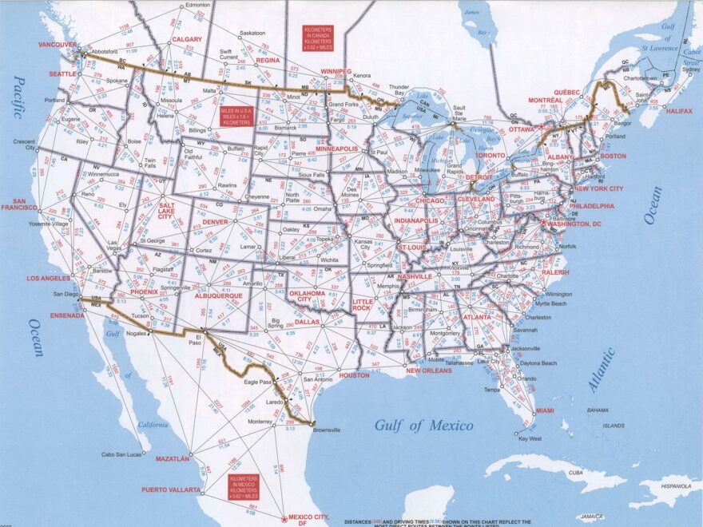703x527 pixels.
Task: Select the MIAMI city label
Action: tap(545, 410)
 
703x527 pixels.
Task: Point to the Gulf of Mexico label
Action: tap(423, 426)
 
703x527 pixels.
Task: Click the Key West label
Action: tap(530, 438)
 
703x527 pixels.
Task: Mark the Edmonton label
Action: tap(197, 5)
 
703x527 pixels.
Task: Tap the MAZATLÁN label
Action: tap(173, 459)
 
